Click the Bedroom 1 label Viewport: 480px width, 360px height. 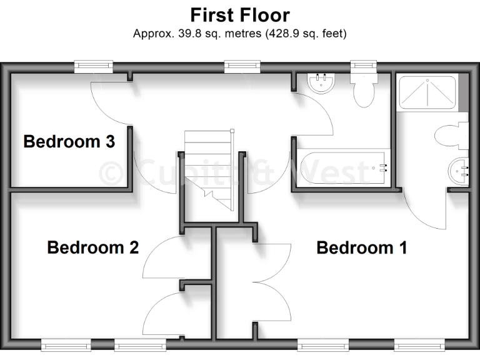click(x=362, y=248)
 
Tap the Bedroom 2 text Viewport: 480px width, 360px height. click(x=92, y=248)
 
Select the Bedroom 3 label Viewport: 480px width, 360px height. click(x=69, y=142)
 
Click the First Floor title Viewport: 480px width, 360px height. click(x=240, y=14)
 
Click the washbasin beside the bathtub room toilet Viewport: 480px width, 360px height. click(x=322, y=84)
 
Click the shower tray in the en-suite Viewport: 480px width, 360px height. click(x=428, y=92)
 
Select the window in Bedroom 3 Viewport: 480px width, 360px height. click(x=93, y=65)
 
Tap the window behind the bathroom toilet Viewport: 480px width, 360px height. click(x=362, y=65)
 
